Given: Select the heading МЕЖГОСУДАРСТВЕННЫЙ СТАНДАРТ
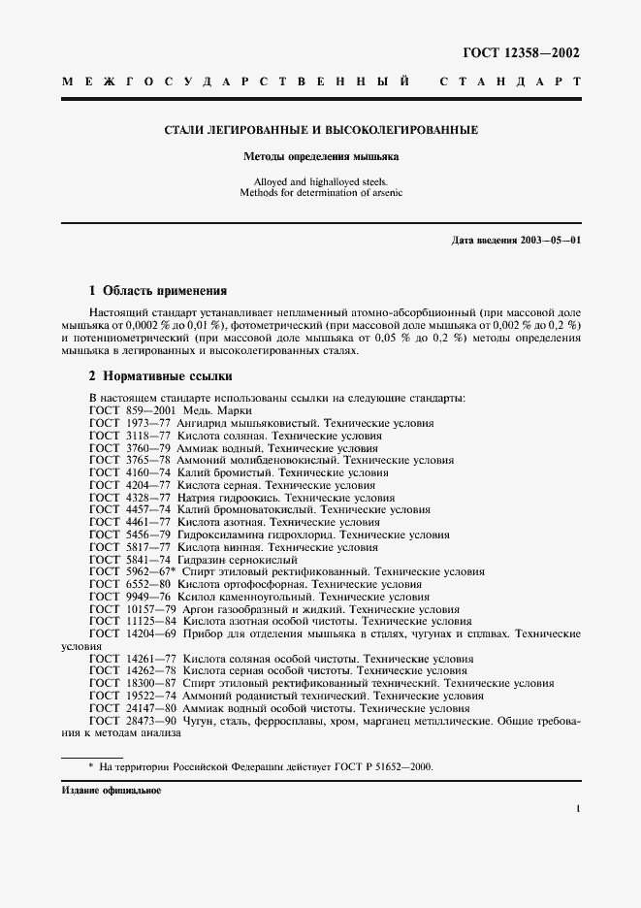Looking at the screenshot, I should point(321,84).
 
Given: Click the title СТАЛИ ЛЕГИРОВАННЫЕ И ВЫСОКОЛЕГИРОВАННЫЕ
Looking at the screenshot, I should point(320,130).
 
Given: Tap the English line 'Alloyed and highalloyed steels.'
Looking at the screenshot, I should point(320,180).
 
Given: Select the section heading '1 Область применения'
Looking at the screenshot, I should point(157,290).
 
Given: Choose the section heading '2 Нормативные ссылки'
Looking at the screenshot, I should point(160,375).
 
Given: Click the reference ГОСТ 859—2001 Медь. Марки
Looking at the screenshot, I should point(170,410).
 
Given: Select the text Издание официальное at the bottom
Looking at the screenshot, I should point(111,791).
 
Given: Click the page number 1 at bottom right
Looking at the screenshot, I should point(577,807).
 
